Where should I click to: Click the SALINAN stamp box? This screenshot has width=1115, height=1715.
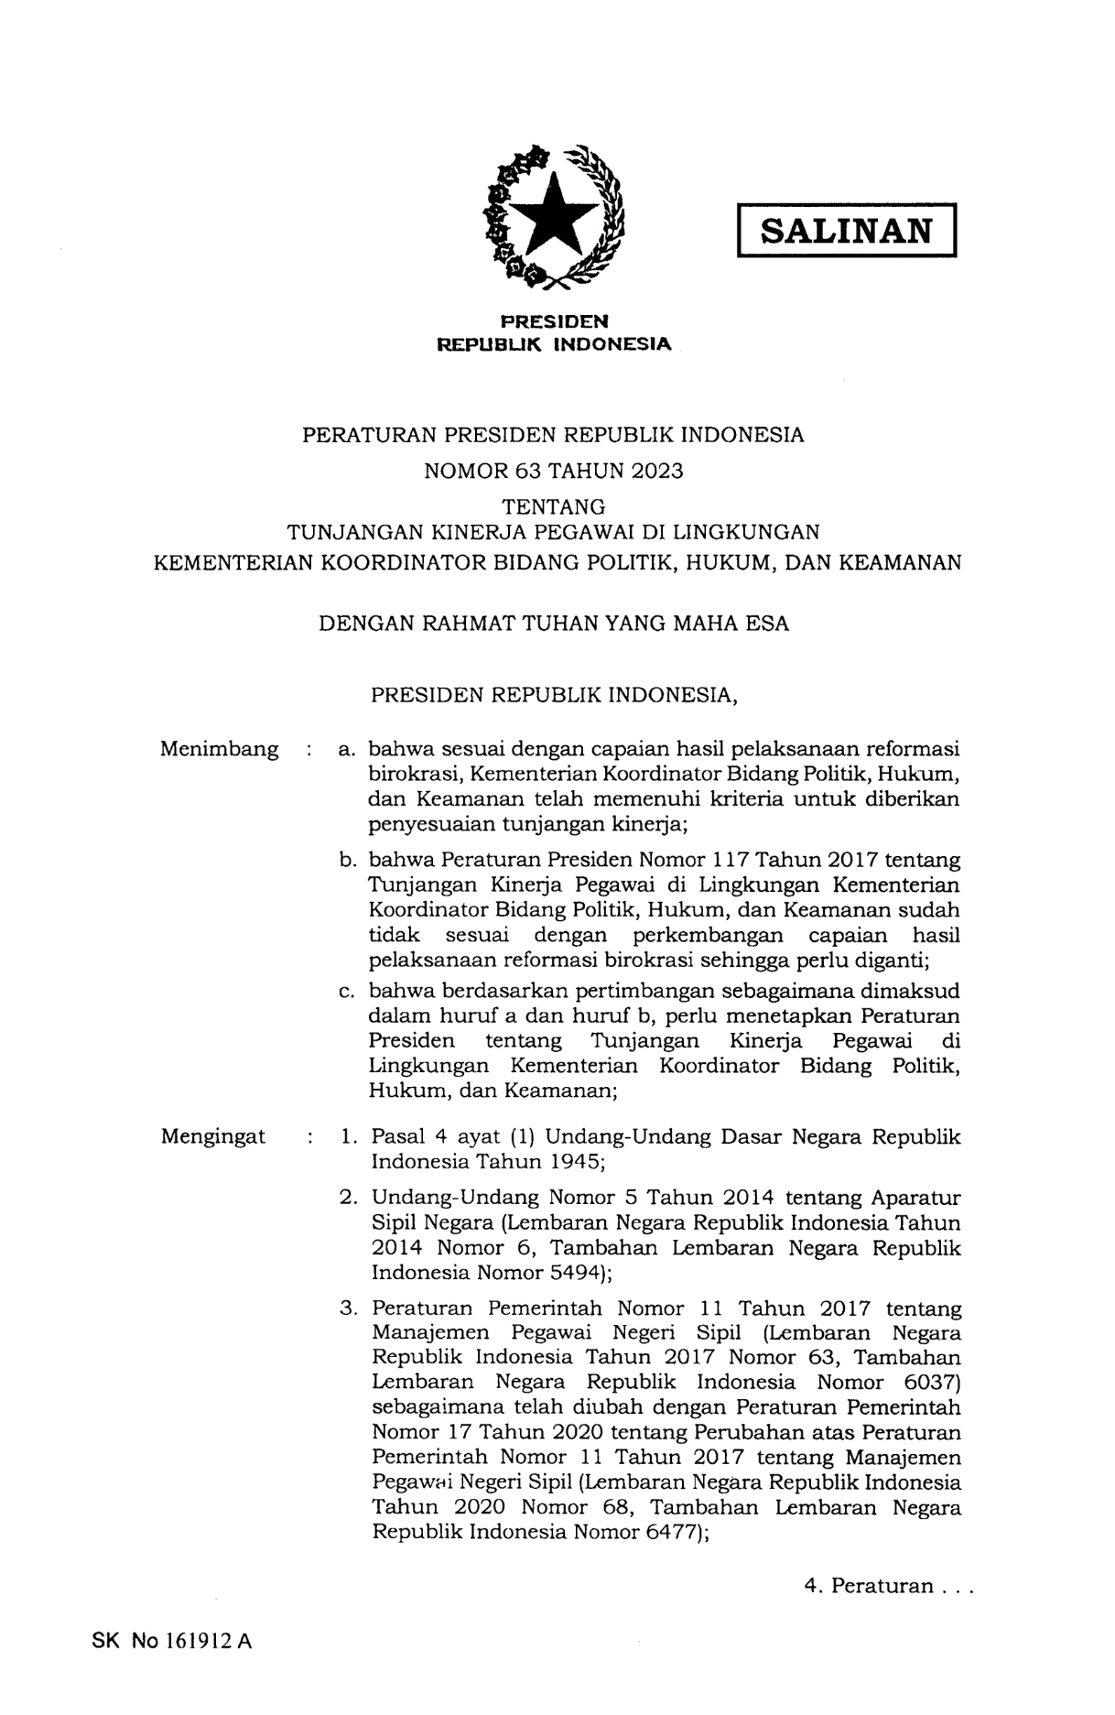(846, 230)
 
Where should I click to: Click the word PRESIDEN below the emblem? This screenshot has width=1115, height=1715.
(554, 320)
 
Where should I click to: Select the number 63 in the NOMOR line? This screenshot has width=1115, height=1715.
(528, 471)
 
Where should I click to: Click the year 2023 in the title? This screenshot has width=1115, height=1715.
(655, 471)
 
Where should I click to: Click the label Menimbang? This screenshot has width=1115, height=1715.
(220, 749)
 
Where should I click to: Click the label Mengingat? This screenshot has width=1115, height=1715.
(213, 1136)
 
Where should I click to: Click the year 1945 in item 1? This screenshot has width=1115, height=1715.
(571, 1162)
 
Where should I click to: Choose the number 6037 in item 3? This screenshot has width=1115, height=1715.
(926, 1382)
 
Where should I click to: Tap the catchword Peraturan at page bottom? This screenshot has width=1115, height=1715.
(882, 1586)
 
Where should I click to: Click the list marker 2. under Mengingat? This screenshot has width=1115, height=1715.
(348, 1198)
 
